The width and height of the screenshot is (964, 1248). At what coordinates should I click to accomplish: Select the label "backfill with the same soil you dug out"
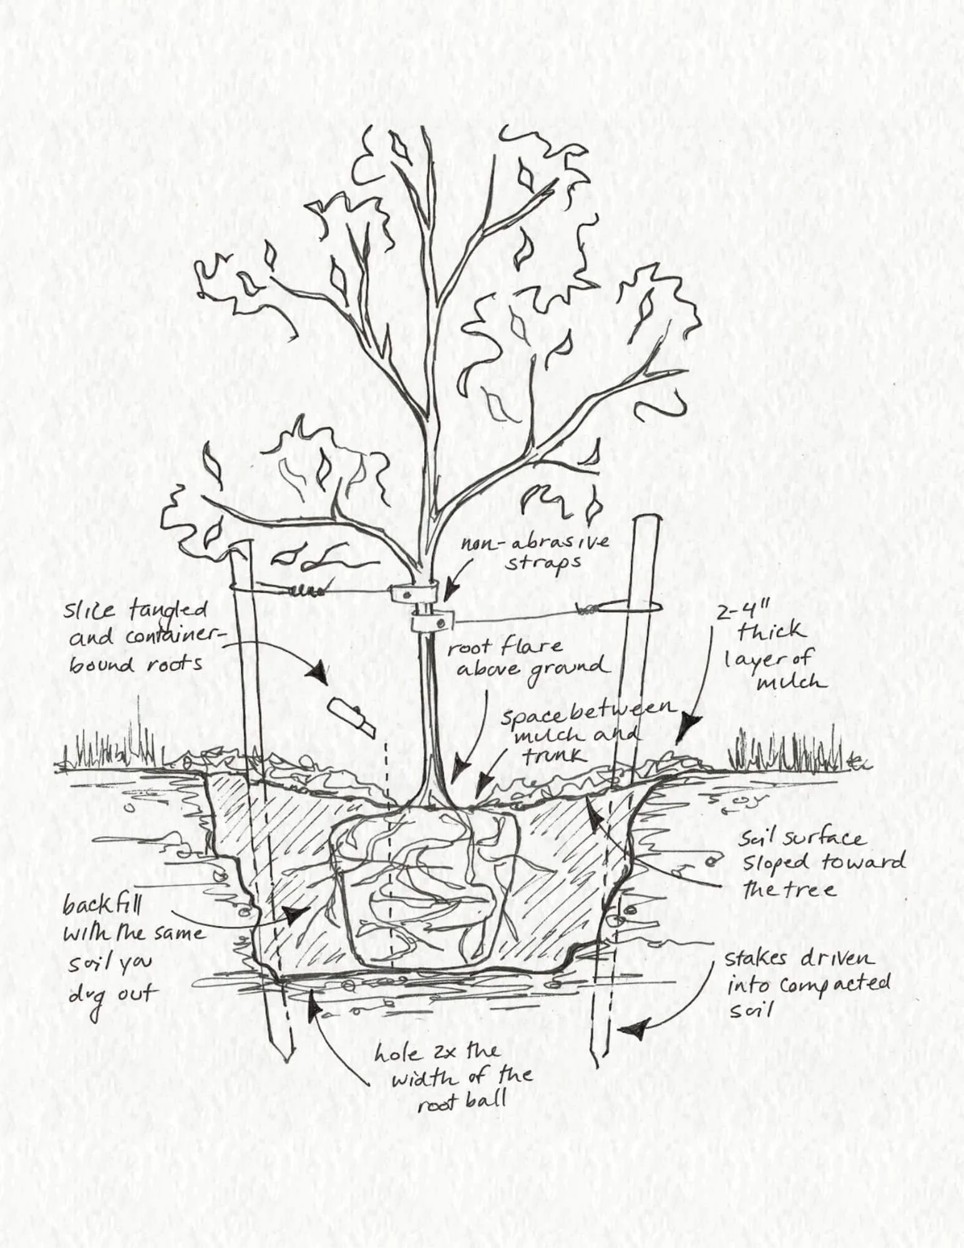click(128, 954)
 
